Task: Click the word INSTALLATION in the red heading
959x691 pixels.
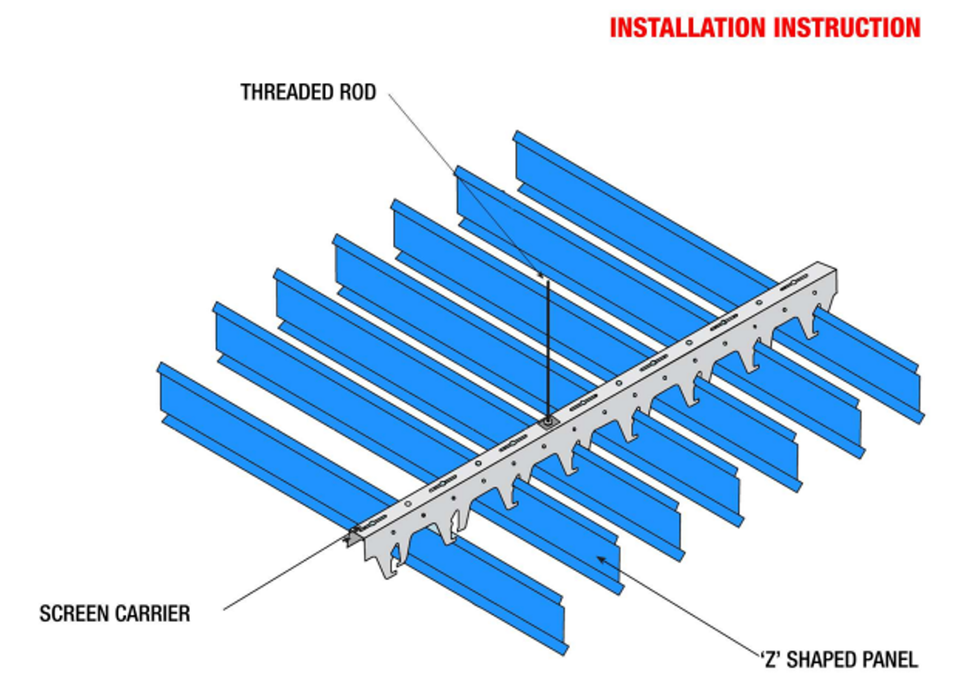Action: pyautogui.click(x=688, y=28)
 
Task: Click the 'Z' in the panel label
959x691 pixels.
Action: pyautogui.click(x=770, y=660)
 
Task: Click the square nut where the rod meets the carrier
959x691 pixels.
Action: pyautogui.click(x=548, y=422)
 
